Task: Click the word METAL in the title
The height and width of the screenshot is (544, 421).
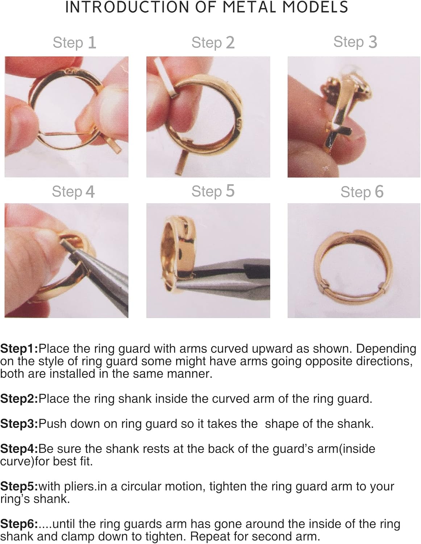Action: tap(249, 7)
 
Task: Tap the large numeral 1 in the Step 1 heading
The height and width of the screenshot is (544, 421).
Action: tap(92, 42)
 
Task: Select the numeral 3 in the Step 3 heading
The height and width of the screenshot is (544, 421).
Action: tap(372, 42)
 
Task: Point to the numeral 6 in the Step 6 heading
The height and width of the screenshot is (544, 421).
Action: tap(379, 192)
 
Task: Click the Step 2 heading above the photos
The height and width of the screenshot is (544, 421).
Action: tap(213, 42)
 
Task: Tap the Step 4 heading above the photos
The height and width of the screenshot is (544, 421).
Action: tap(73, 192)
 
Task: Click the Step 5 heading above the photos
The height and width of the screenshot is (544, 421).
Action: tap(213, 191)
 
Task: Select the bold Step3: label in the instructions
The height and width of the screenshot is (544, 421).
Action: tap(19, 424)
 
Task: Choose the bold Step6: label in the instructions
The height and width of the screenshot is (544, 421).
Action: tap(19, 524)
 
